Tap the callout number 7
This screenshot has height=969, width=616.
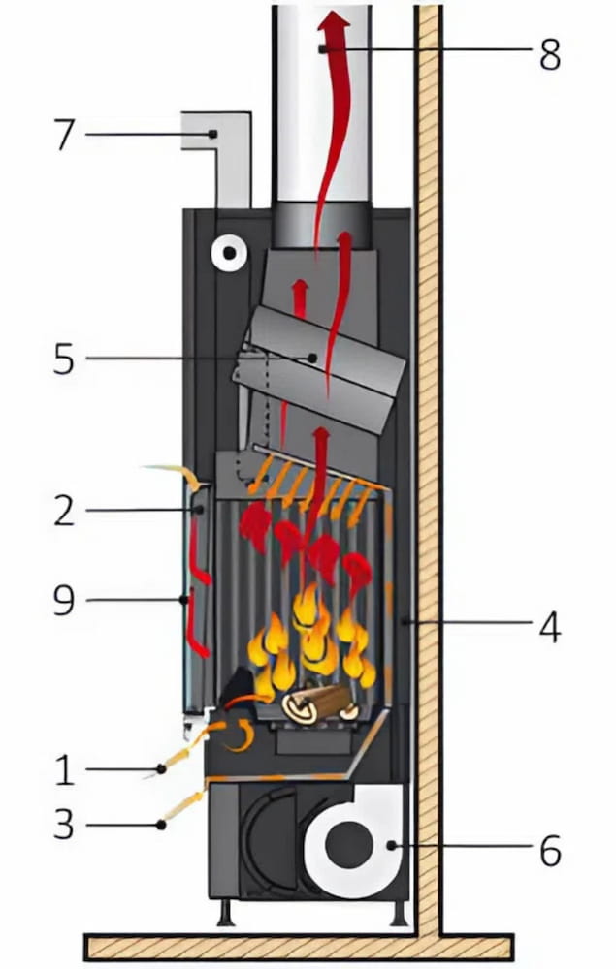[x=64, y=135]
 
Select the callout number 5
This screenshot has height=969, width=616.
[x=64, y=359]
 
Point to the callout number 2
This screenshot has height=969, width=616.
[x=64, y=511]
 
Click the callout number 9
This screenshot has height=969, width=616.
[x=64, y=601]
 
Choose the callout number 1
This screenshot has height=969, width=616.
[x=64, y=771]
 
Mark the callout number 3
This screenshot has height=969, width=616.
[x=64, y=827]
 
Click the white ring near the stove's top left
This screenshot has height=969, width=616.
[x=229, y=254]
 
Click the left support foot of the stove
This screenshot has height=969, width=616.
[x=225, y=913]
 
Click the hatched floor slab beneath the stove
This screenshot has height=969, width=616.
[x=291, y=946]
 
